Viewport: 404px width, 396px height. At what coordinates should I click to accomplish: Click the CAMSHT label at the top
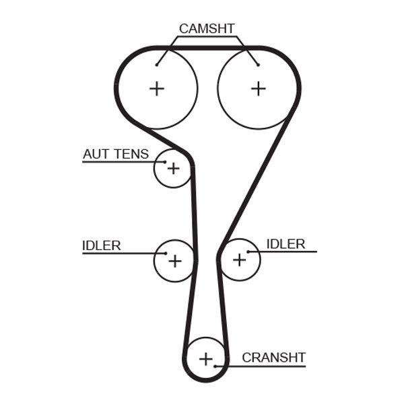click(x=207, y=29)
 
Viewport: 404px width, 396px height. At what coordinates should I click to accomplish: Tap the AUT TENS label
click(x=116, y=154)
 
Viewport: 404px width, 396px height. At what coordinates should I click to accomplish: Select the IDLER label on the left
click(x=102, y=245)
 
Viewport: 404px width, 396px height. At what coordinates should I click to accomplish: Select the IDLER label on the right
click(x=285, y=243)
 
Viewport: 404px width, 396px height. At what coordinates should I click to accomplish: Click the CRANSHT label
click(x=273, y=358)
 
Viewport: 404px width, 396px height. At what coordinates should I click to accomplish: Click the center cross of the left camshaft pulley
click(x=157, y=88)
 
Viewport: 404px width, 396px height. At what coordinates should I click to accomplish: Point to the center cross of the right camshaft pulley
click(x=259, y=88)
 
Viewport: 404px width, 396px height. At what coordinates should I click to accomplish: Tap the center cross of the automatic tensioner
click(x=174, y=168)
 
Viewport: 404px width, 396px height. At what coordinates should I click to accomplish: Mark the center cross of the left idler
click(x=174, y=260)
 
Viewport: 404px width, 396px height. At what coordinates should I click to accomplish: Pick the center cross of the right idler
click(x=240, y=260)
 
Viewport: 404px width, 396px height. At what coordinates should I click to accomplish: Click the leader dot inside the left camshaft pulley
click(x=156, y=65)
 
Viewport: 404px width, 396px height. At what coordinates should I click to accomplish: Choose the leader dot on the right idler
click(x=248, y=251)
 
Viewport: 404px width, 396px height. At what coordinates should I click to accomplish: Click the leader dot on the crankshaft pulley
click(x=215, y=366)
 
